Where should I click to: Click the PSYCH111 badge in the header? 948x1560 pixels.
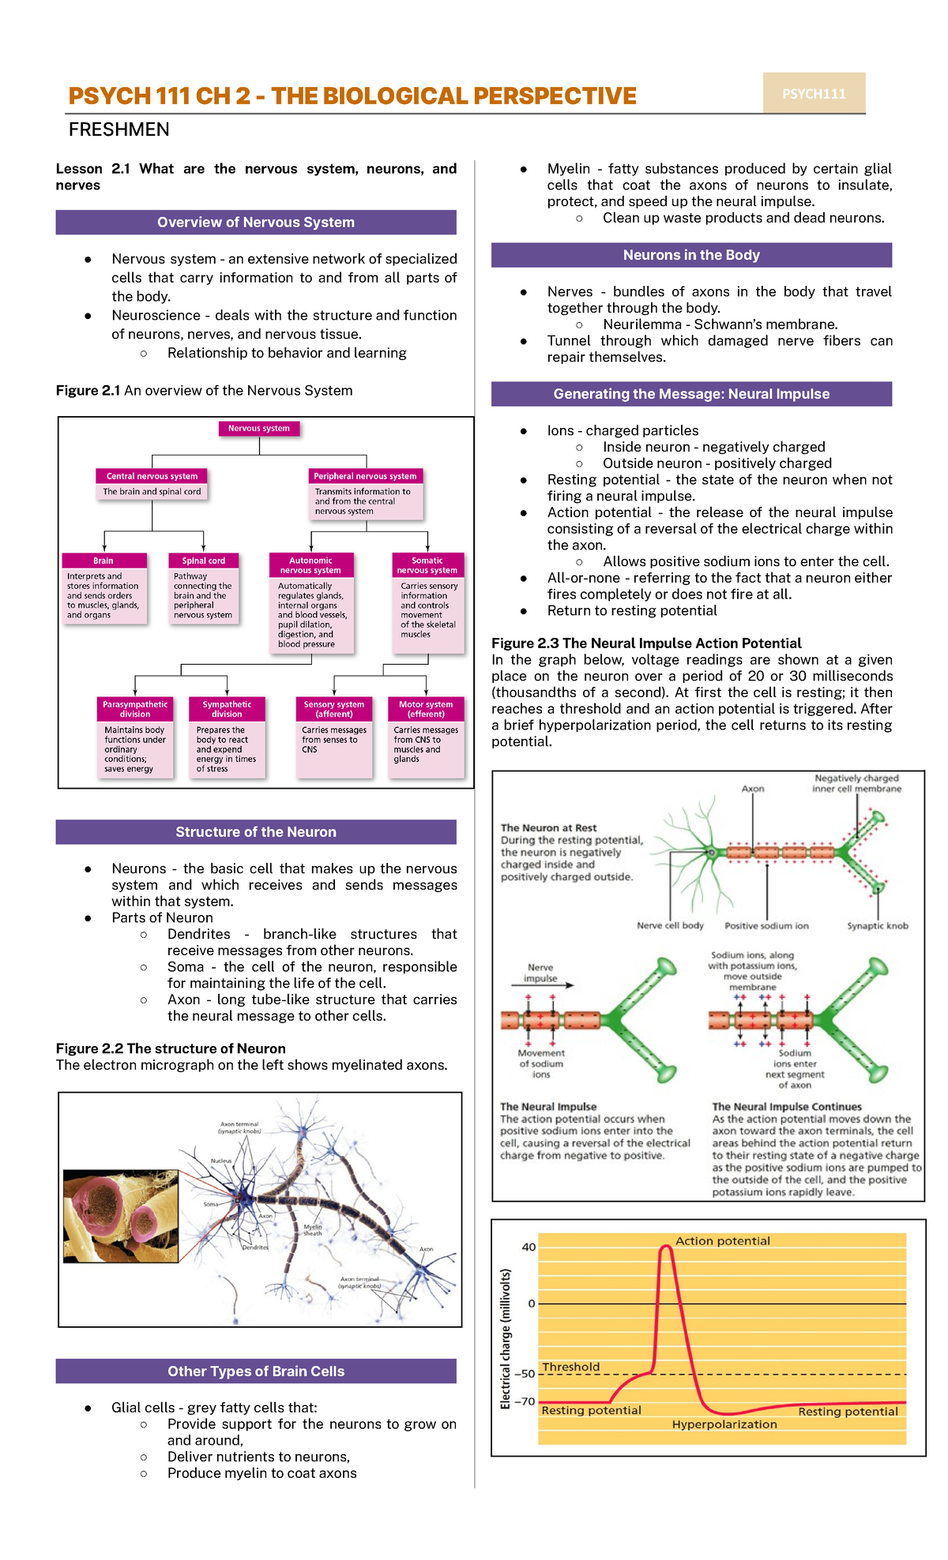pos(814,93)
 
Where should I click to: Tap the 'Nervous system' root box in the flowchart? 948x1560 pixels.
pos(259,429)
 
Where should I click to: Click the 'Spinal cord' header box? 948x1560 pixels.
pos(204,561)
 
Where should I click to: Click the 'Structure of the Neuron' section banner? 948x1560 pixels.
pos(256,832)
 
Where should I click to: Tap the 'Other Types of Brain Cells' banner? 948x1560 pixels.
pos(256,1371)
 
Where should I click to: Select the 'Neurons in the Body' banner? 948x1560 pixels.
pos(691,255)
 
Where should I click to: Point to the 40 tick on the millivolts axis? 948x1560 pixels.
pos(529,1247)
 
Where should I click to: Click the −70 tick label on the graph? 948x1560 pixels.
pos(525,1401)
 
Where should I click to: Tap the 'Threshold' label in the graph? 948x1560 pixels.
pos(571,1367)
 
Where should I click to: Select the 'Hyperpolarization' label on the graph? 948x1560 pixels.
pos(724,1424)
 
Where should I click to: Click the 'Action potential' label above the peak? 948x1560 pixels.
pos(722,1241)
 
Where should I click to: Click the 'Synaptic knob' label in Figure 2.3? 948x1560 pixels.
pos(878,926)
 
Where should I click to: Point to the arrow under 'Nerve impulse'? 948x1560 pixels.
pos(547,985)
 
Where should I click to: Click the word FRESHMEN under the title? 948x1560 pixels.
pos(119,129)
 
